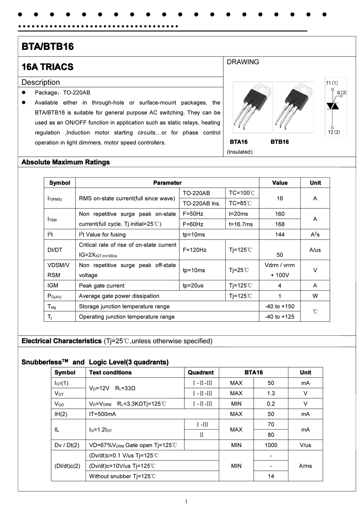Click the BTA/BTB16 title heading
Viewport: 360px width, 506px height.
[x=48, y=47]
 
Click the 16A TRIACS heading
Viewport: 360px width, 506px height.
[x=48, y=67]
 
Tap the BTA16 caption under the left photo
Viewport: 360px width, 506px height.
[x=239, y=142]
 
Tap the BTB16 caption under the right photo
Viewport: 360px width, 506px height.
[x=280, y=142]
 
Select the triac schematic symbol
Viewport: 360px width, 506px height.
[x=333, y=106]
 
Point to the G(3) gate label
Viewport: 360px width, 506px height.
[x=342, y=92]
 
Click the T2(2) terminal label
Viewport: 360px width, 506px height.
[x=334, y=132]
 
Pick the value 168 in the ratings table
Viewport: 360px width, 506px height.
[x=280, y=224]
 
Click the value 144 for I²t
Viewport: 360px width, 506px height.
[x=280, y=235]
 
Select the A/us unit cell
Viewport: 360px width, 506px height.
[x=315, y=250]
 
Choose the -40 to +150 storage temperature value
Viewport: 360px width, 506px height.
[x=280, y=306]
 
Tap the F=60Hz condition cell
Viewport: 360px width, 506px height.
[x=193, y=224]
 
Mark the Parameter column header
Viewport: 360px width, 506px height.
[x=167, y=183]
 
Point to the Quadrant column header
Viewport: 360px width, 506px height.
[x=201, y=372]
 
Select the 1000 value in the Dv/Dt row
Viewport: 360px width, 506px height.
[x=271, y=445]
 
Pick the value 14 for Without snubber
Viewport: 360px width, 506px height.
[x=271, y=476]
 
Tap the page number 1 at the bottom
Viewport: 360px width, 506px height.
[x=186, y=502]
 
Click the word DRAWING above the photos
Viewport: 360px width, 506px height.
[x=243, y=62]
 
